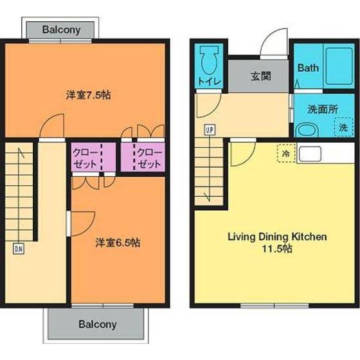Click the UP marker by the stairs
tap(210, 130)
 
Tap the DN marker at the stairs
tap(19, 249)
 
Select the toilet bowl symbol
tap(209, 60)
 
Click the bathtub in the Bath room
tap(339, 66)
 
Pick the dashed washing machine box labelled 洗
tap(343, 127)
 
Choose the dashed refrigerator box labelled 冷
tap(286, 153)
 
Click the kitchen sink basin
tap(310, 154)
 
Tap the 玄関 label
tap(261, 76)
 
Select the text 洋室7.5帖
tap(89, 95)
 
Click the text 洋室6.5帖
tap(118, 243)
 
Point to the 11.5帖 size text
tap(277, 249)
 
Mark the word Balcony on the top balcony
tap(61, 30)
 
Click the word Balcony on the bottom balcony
tap(98, 325)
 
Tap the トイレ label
tap(209, 82)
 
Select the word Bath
tap(308, 68)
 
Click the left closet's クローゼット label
tap(85, 158)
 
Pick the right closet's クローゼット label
tap(150, 158)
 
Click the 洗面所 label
tap(323, 109)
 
